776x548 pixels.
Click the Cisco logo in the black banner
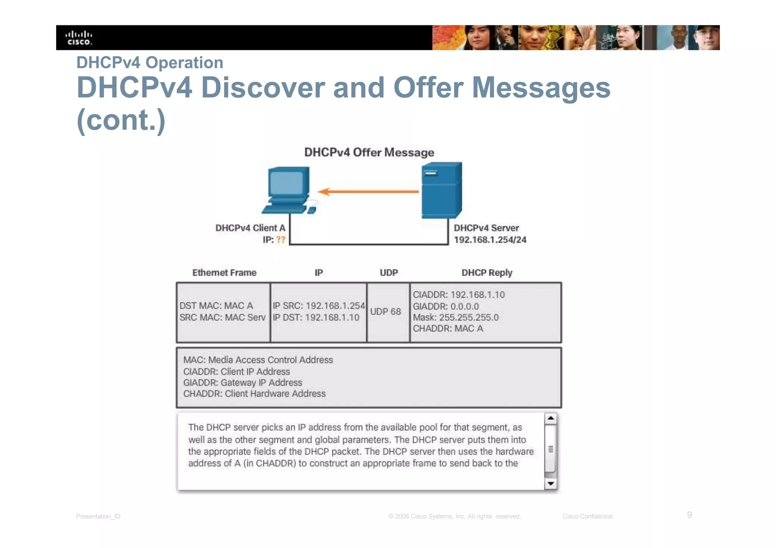[79, 38]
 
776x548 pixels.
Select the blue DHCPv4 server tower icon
[441, 190]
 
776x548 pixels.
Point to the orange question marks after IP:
[280, 240]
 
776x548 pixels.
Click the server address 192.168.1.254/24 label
[490, 240]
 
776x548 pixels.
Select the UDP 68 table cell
[386, 312]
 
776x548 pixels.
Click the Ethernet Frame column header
[224, 273]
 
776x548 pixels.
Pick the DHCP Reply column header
[487, 273]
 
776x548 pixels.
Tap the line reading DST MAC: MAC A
[216, 306]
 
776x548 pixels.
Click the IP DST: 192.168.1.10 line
[316, 317]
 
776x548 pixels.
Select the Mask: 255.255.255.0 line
[455, 317]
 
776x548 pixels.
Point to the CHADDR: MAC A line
[448, 328]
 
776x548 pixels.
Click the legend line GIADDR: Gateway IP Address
[242, 383]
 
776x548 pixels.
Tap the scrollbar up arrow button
[551, 418]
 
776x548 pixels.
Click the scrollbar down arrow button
[551, 484]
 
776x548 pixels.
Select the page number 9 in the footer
[689, 515]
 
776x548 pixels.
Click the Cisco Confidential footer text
[587, 516]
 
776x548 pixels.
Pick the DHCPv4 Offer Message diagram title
[369, 152]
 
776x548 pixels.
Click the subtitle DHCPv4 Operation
[150, 62]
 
